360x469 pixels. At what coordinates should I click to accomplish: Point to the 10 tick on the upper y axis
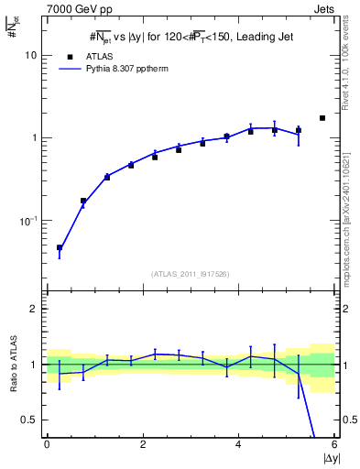(x=29, y=55)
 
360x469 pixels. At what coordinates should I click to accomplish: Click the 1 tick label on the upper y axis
(x=32, y=138)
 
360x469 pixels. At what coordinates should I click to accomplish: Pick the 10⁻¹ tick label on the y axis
(x=27, y=221)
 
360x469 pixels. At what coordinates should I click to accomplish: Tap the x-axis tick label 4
(x=238, y=444)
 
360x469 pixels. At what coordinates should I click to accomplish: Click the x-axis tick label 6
(x=334, y=444)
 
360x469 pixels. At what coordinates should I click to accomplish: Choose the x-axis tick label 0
(x=47, y=444)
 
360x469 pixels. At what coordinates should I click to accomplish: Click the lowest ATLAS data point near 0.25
(x=60, y=247)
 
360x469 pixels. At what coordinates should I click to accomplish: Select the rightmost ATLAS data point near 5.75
(x=322, y=118)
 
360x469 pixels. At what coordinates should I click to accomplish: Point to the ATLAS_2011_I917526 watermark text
(x=191, y=274)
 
